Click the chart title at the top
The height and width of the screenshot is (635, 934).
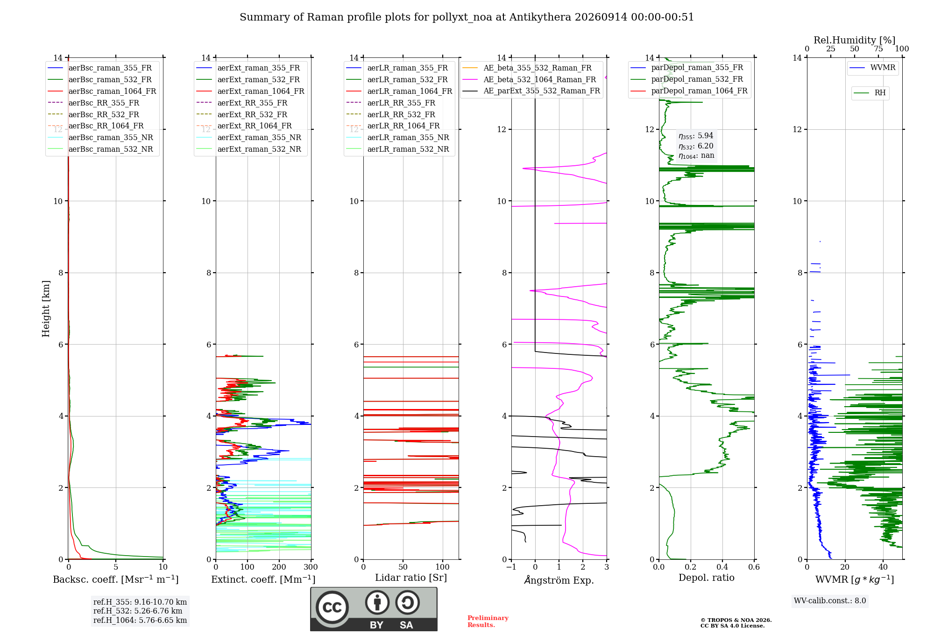pos(467,17)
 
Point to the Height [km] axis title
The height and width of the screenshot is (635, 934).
pos(46,308)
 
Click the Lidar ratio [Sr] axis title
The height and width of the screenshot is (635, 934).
pos(411,578)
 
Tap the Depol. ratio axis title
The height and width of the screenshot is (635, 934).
pos(707,578)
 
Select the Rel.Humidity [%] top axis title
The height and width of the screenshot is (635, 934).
pos(855,40)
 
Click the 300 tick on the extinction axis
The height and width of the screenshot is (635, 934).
pos(311,567)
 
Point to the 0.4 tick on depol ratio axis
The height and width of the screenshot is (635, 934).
pos(722,567)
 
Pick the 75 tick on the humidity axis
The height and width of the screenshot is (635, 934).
pos(878,49)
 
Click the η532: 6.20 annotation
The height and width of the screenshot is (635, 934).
pos(696,146)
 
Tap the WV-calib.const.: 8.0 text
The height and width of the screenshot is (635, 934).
pos(830,601)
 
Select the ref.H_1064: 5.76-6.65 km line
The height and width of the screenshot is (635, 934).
pos(140,621)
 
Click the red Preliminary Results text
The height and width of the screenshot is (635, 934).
pos(488,621)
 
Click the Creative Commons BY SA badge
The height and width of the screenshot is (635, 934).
pos(374,609)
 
